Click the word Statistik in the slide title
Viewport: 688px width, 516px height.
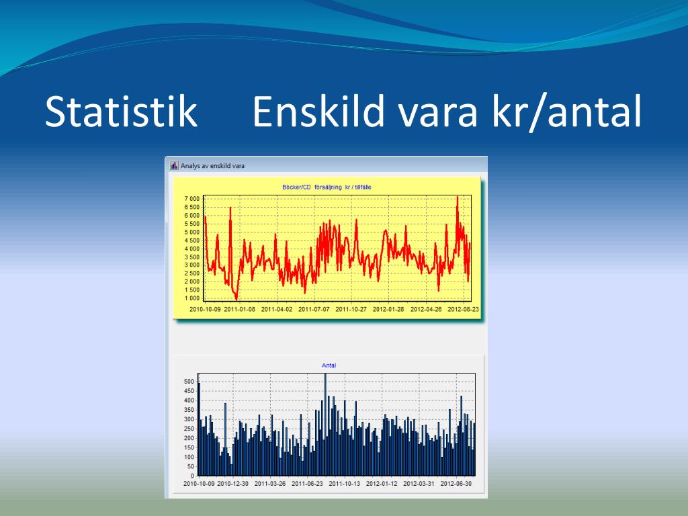(121, 112)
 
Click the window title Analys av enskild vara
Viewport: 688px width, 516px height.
(212, 166)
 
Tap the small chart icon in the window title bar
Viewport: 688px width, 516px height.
(174, 165)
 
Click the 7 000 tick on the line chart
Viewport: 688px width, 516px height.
(192, 199)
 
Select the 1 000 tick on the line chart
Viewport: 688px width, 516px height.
(192, 298)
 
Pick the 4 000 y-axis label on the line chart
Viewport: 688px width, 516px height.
(192, 249)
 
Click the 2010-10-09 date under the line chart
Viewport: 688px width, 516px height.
(205, 309)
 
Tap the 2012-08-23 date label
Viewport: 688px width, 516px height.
(464, 309)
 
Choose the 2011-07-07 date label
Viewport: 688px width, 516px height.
(314, 309)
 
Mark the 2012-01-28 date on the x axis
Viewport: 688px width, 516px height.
(388, 309)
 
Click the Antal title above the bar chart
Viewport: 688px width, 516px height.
(329, 365)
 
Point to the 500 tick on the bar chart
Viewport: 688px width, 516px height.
(189, 382)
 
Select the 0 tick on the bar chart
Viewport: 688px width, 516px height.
(192, 476)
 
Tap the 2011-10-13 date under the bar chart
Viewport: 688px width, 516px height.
(345, 484)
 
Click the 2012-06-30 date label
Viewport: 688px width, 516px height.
(456, 484)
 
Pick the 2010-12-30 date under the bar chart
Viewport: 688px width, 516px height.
(233, 484)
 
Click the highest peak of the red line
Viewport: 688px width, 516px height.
(457, 197)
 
